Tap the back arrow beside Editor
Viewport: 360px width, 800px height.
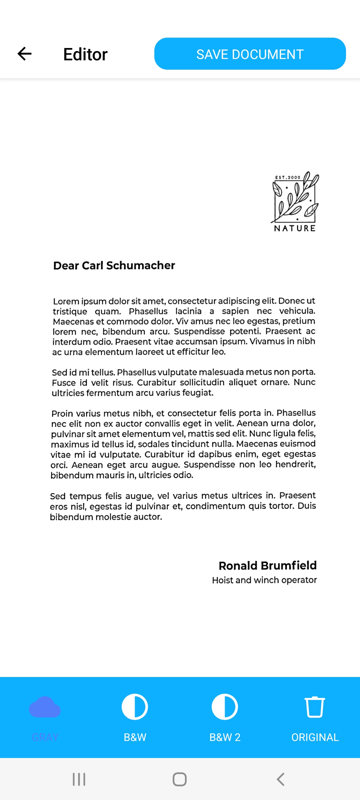tap(24, 54)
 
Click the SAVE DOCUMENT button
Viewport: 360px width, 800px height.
tap(250, 54)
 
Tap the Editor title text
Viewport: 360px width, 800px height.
tap(85, 54)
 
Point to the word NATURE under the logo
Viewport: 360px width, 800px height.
tap(295, 228)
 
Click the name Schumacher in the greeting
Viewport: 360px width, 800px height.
tap(140, 265)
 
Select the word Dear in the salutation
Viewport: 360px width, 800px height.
tap(66, 266)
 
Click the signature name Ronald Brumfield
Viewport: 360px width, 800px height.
tap(267, 565)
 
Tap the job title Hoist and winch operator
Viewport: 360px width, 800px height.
tap(264, 580)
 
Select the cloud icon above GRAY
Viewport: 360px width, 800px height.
tap(45, 707)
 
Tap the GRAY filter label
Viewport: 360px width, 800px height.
tap(45, 737)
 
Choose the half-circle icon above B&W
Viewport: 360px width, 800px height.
tap(135, 707)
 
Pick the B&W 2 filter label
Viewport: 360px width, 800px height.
tap(225, 737)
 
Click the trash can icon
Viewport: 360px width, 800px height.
tap(315, 707)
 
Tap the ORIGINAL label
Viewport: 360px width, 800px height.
tap(315, 737)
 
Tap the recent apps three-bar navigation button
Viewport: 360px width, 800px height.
tap(79, 779)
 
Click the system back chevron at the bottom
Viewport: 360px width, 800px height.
tap(281, 779)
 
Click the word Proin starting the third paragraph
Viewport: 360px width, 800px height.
tap(62, 414)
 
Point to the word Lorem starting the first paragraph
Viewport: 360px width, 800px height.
tap(66, 302)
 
